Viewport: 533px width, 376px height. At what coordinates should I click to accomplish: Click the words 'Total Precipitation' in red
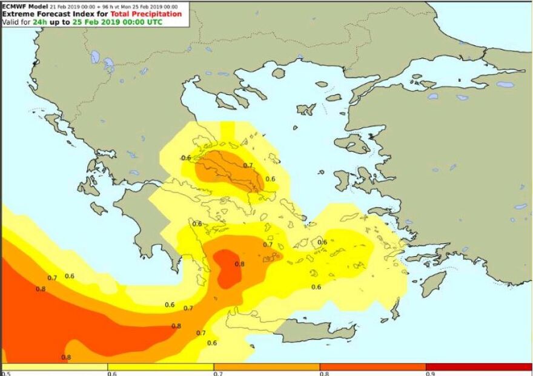[x=145, y=14]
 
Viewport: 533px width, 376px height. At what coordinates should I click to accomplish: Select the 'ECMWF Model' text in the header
[x=22, y=6]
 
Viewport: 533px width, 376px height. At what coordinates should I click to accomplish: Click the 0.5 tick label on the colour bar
[x=5, y=373]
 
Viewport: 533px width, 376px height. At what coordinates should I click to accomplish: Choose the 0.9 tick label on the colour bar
[x=429, y=373]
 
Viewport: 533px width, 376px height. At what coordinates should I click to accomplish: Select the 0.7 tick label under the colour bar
[x=217, y=373]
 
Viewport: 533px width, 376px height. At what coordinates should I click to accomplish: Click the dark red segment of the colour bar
[x=478, y=366]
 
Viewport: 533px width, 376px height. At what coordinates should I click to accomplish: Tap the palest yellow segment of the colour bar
[x=55, y=366]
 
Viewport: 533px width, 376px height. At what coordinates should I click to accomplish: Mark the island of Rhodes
[x=433, y=283]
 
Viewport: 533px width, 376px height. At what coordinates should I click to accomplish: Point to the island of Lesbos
[x=352, y=144]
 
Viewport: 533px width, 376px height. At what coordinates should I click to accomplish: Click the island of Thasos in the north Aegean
[x=279, y=73]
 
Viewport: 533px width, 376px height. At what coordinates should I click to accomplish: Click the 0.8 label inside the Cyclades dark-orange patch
[x=240, y=264]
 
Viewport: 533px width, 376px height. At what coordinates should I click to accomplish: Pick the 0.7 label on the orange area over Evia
[x=248, y=165]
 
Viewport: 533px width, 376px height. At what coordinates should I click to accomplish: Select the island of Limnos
[x=306, y=110]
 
